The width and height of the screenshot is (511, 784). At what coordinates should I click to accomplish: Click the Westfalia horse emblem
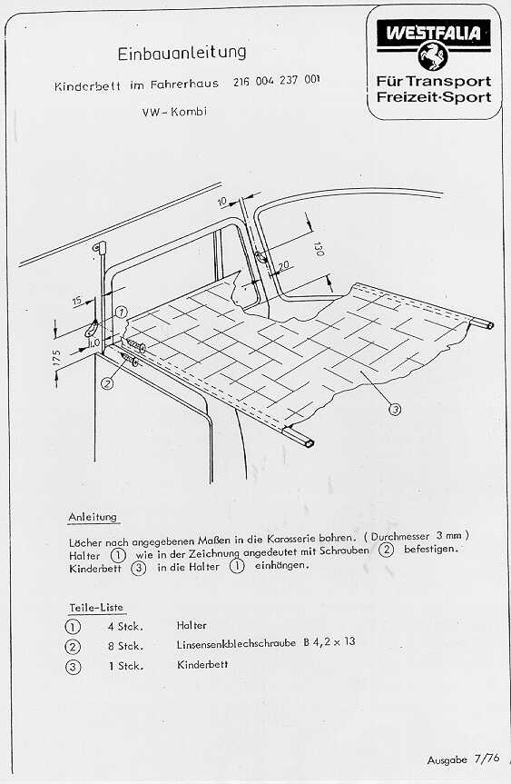(433, 56)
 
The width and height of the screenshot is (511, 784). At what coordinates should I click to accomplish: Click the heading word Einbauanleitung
(182, 53)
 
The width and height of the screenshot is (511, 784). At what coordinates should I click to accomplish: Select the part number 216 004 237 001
(276, 81)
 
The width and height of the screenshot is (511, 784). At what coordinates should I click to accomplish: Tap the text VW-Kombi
(174, 112)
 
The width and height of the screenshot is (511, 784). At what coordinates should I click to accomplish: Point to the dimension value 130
(319, 249)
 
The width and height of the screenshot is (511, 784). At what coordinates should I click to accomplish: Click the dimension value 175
(56, 358)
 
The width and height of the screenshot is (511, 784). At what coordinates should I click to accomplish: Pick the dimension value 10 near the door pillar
(222, 202)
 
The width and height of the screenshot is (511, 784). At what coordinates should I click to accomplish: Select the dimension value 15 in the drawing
(77, 301)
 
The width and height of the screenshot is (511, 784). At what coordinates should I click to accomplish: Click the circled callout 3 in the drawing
(395, 410)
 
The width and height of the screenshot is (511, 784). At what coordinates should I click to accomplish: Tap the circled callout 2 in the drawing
(107, 383)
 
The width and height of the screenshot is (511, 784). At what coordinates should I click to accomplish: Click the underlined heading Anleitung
(93, 517)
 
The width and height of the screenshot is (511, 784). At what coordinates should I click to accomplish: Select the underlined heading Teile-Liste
(96, 608)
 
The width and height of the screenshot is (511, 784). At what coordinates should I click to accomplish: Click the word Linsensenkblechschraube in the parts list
(236, 643)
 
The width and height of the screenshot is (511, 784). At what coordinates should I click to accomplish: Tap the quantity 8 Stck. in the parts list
(126, 646)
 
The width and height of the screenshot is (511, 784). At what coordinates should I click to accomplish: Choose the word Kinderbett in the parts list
(202, 664)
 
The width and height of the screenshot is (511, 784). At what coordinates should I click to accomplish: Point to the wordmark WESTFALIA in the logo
(433, 33)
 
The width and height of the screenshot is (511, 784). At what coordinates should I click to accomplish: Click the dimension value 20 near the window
(283, 266)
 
